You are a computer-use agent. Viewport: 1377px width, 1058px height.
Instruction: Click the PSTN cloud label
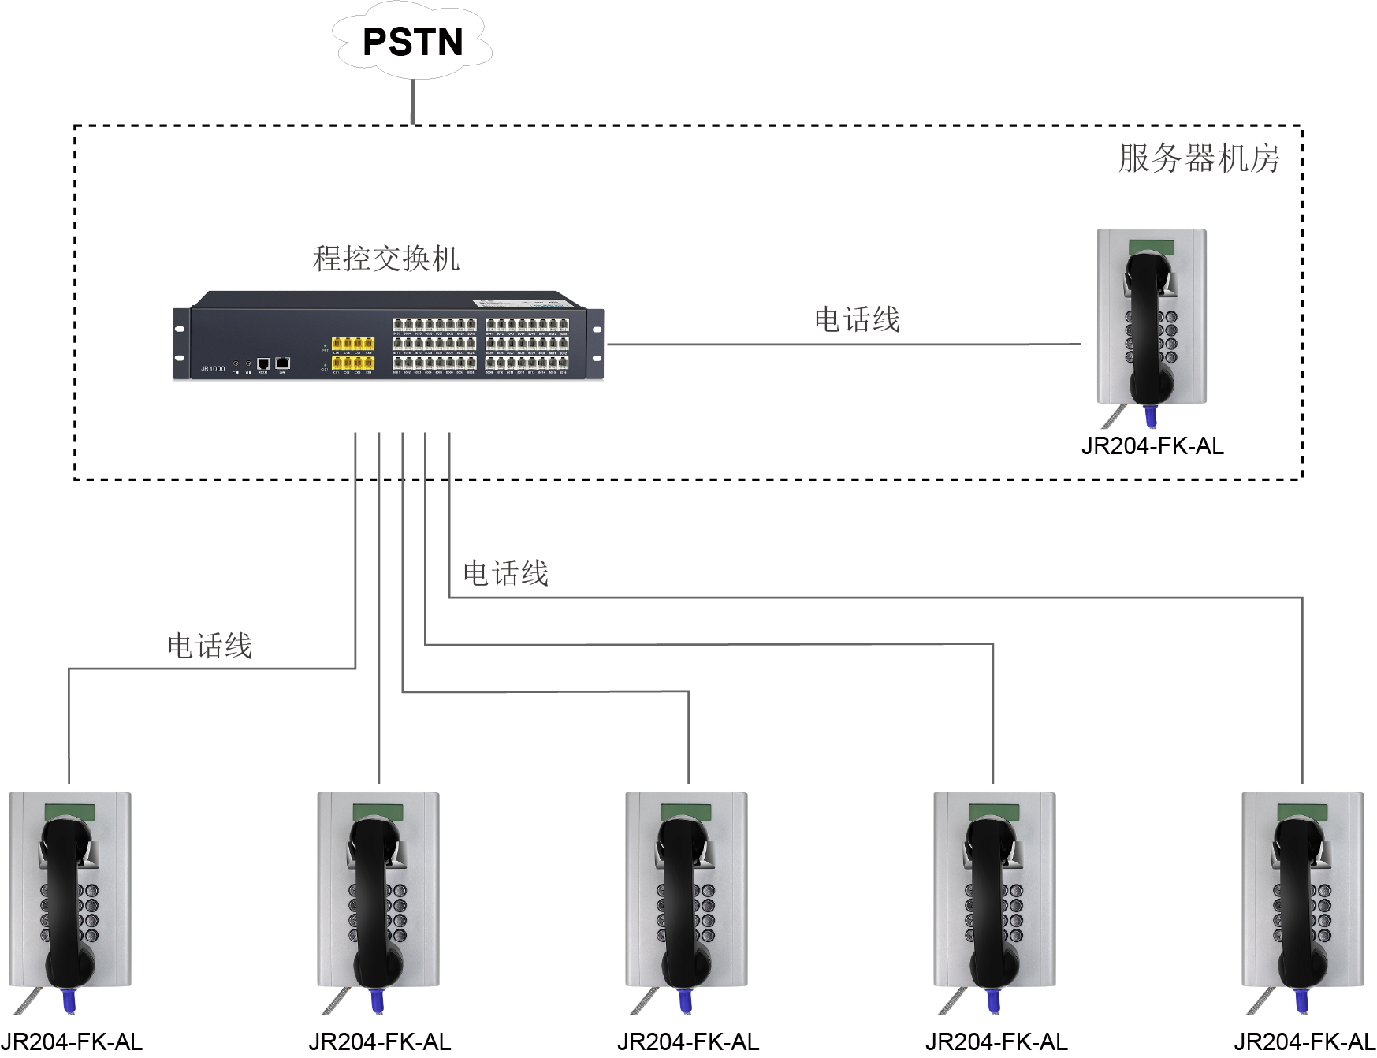point(412,43)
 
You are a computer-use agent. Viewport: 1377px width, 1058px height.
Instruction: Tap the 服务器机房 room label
point(1198,158)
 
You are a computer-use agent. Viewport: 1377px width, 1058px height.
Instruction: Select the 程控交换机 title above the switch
point(385,259)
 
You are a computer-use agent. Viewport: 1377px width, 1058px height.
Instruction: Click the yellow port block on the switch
point(352,353)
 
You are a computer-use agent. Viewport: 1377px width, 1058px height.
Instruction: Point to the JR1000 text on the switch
point(213,369)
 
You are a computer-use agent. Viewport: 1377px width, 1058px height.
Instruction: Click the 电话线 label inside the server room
point(857,320)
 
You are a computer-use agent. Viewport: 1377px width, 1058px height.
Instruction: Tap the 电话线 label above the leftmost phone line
point(210,646)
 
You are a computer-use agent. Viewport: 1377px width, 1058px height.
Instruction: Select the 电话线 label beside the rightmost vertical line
point(505,574)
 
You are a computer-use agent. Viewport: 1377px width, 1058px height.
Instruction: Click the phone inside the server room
point(1152,319)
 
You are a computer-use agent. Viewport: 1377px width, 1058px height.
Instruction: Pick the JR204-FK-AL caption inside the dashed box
point(1152,446)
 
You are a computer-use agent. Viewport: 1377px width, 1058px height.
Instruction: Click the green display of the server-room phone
point(1152,247)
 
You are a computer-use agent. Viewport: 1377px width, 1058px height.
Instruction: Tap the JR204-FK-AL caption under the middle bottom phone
point(688,1042)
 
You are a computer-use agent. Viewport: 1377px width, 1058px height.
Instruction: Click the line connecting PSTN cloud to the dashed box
point(412,101)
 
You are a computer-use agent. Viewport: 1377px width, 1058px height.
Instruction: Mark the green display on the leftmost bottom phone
point(69,812)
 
